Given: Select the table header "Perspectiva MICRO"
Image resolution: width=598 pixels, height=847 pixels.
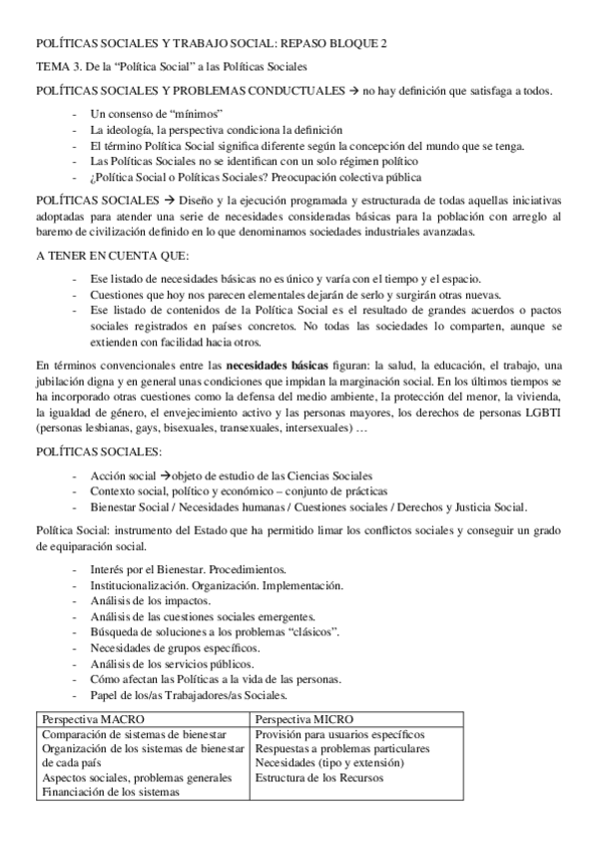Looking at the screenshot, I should (303, 719).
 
